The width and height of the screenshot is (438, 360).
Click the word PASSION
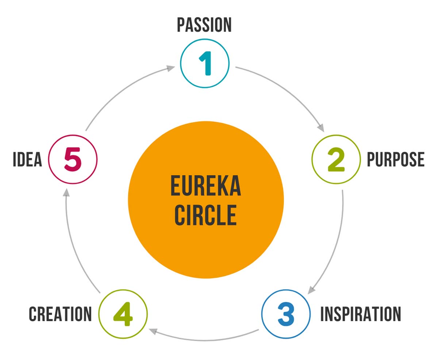coord(204,25)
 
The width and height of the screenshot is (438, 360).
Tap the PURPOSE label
coord(395,160)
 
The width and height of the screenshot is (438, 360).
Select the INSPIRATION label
coord(360,314)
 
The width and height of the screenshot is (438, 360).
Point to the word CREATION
coord(61,314)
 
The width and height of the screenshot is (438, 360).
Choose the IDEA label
coord(27,160)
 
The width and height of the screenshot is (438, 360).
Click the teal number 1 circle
coord(205,63)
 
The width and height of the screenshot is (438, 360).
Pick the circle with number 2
coord(336,160)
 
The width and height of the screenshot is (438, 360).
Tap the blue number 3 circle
coord(286,314)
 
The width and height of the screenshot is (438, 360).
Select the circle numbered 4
coord(123,314)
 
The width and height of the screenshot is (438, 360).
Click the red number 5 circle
coord(73,160)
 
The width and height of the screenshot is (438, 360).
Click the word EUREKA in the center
coord(206,186)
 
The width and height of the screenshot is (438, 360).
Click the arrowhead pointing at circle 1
coord(171,68)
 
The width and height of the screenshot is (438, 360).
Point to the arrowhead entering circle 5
coord(66,192)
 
